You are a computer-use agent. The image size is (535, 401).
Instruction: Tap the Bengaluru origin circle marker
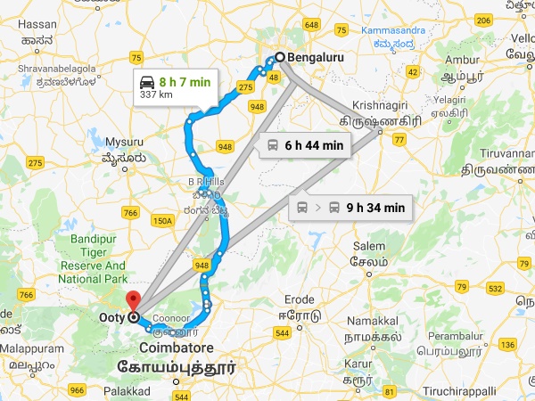tap(279, 56)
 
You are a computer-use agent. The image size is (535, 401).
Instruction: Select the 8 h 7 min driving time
tap(186, 82)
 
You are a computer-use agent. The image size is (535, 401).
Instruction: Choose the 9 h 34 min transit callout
tap(374, 208)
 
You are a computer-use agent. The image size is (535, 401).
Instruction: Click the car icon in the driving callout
tap(148, 82)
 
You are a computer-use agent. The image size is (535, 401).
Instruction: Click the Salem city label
tap(369, 245)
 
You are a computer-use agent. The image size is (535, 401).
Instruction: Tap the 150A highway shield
tap(162, 220)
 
